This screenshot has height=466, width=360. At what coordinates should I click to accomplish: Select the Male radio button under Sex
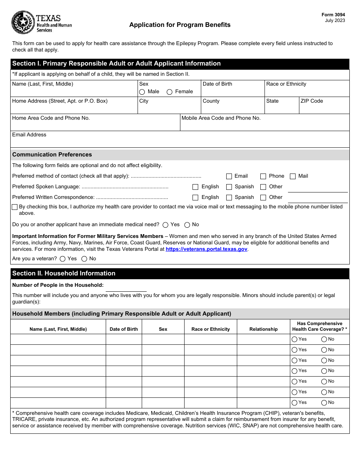pos(142,92)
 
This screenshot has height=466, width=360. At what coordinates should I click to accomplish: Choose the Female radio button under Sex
pos(170,92)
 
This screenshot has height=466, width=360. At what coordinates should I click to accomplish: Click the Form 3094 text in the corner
pos(333,15)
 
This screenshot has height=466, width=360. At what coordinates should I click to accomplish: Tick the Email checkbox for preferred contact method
pos(229,176)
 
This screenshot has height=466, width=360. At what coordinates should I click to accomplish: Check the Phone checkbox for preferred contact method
pos(263,176)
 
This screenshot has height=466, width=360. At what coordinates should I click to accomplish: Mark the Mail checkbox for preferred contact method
pos(293,176)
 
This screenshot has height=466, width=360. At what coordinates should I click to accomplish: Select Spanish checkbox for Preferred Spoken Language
pos(229,187)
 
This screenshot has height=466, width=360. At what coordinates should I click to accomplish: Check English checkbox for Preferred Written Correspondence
pos(196,197)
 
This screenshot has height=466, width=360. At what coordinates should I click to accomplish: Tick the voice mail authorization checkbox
pos(15,207)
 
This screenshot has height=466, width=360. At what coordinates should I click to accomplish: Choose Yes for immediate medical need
pos(165,225)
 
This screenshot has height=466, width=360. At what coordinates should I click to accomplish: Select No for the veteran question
pos(84,259)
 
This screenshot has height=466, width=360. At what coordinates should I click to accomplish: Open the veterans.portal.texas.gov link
pos(206,249)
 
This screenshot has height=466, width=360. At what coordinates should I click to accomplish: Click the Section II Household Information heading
pos(64,274)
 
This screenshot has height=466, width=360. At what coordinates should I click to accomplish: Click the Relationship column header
pos(263,329)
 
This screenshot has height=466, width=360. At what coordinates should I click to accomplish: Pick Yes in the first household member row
pos(294,339)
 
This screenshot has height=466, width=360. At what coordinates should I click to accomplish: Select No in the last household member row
pos(324,403)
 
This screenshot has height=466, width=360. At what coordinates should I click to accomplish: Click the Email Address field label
pos(29,135)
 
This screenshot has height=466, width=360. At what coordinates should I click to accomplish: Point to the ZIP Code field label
pos(311,101)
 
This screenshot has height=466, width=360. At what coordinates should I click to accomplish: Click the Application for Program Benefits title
pos(180,25)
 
